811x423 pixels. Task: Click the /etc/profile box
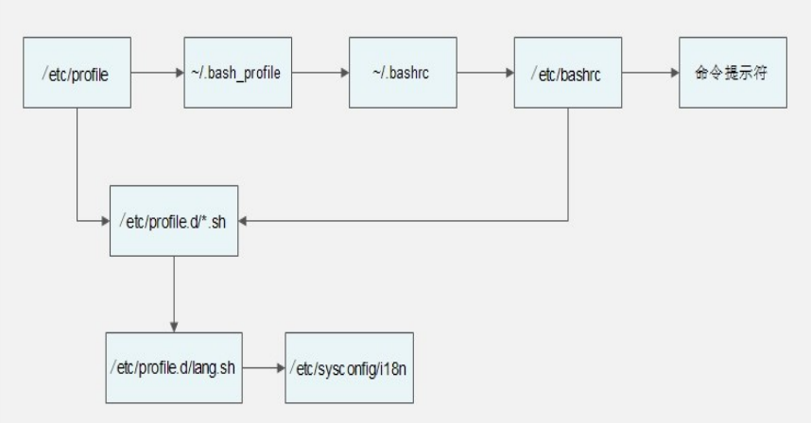[78, 73]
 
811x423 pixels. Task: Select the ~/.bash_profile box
[238, 73]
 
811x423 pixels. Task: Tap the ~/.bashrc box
[403, 73]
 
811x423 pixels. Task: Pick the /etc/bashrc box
[568, 73]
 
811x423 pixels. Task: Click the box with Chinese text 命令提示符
[733, 73]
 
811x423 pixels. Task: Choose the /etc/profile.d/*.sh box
[174, 221]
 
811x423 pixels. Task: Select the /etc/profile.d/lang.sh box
[174, 367]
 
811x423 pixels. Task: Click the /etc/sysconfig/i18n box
[349, 367]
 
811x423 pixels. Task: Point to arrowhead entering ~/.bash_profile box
[180, 73]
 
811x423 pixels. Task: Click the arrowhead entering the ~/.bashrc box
[345, 73]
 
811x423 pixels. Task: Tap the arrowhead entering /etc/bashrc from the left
[510, 73]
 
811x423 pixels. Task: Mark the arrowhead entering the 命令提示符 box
[675, 73]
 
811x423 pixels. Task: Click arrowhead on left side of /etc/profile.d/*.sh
[106, 221]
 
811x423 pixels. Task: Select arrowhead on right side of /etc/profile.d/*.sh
[243, 221]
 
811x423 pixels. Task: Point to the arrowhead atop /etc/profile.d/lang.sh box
[174, 328]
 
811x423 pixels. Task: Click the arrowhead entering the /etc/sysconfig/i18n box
[281, 368]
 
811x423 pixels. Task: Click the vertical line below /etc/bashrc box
[568, 164]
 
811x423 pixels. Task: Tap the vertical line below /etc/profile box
[78, 164]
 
